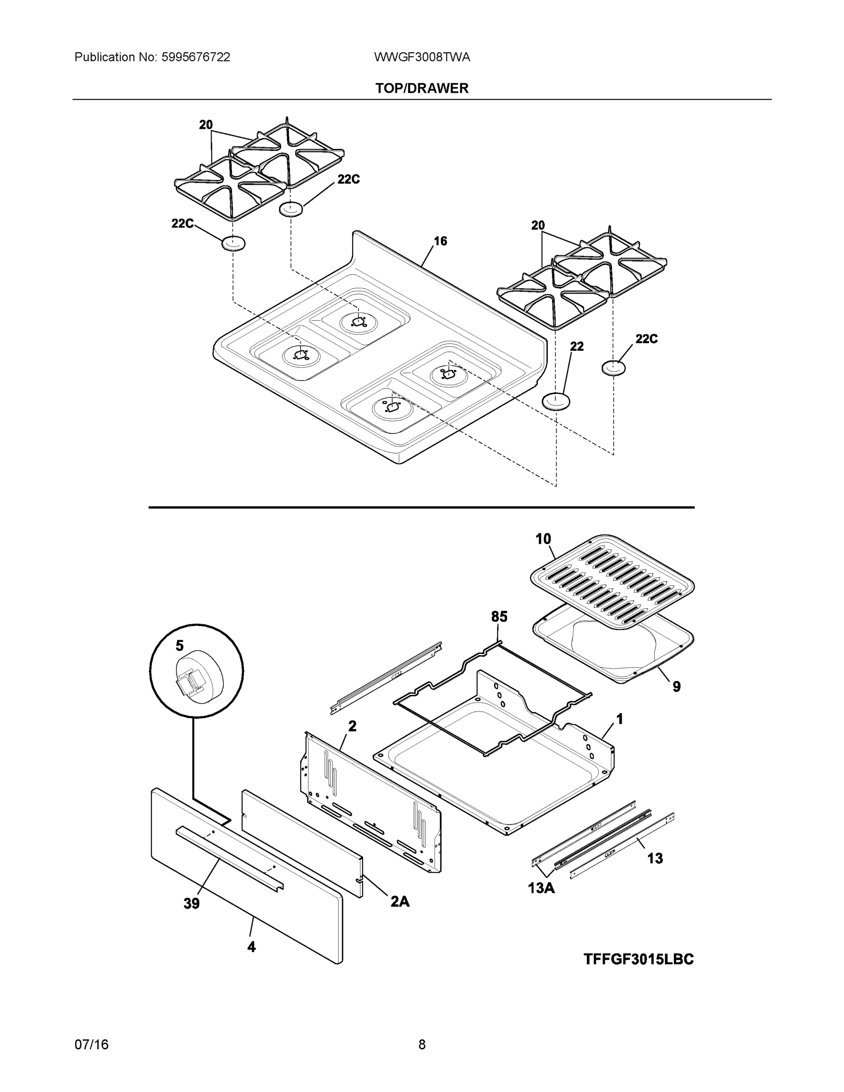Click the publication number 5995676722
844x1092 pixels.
196,57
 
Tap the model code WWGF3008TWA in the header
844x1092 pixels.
422,57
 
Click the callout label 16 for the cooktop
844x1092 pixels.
440,241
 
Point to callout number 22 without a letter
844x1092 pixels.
576,346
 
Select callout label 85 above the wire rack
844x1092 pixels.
499,617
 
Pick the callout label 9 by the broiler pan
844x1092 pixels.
677,687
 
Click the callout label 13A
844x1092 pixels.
541,888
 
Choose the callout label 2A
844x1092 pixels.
400,901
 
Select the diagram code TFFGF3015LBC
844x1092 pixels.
638,959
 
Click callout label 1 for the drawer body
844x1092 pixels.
620,719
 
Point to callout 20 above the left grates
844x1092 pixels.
206,125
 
